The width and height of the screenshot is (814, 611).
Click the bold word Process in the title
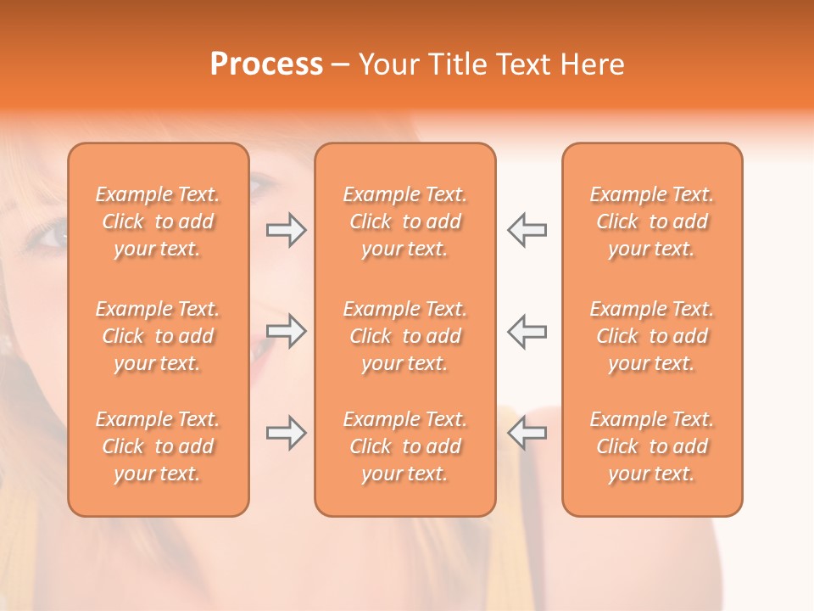pos(266,64)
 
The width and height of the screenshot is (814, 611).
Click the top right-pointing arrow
pos(286,229)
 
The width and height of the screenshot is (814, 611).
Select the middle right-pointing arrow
pos(286,331)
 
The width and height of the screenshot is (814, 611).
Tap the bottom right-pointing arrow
pos(286,433)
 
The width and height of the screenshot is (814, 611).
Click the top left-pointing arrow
pos(527,229)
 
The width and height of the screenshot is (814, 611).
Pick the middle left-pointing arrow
pos(527,331)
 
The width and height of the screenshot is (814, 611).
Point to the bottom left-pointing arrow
pos(527,433)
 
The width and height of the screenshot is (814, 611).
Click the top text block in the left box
pos(158,221)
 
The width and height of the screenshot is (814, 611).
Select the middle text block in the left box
pos(158,336)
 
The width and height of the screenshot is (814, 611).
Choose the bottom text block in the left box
pos(158,446)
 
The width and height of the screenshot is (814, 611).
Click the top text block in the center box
pos(404,221)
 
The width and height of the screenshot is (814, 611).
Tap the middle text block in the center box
pos(404,336)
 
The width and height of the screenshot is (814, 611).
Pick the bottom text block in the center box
pos(404,446)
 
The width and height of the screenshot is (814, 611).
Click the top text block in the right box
pos(651,221)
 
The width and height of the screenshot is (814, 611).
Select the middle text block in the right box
pos(651,336)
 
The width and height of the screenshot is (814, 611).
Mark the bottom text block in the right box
pos(651,446)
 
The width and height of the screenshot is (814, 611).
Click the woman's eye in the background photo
pos(49,234)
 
